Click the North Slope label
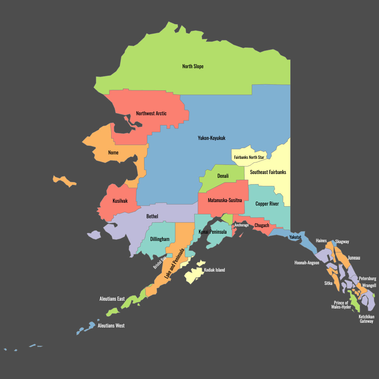coord(193,66)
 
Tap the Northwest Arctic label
coord(151,113)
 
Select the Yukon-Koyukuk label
coord(212,138)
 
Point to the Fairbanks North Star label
coord(249,157)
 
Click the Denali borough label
coord(223,176)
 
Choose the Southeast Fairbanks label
coord(268,172)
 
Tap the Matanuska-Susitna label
coord(225,200)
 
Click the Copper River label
coord(267,204)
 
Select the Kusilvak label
coord(120,201)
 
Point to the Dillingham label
coord(159,239)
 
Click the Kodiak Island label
coord(214,270)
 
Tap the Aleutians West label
coord(111,326)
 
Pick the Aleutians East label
coord(112,299)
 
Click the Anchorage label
coord(241,225)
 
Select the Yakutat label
coord(295,237)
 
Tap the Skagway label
coord(342,242)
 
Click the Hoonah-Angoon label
coord(307,263)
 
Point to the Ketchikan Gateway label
coord(366,319)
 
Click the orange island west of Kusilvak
coord(64,181)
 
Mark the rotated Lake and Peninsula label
coord(174,264)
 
